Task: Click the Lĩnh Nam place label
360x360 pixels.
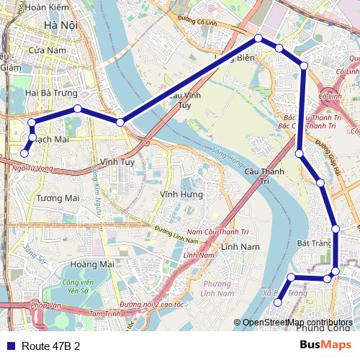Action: point(240,247)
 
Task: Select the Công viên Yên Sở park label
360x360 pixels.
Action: point(79,287)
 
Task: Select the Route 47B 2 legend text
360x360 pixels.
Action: point(50,346)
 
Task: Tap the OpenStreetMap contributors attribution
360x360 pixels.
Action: point(297,322)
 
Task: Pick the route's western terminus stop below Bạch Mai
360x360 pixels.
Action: point(24,153)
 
